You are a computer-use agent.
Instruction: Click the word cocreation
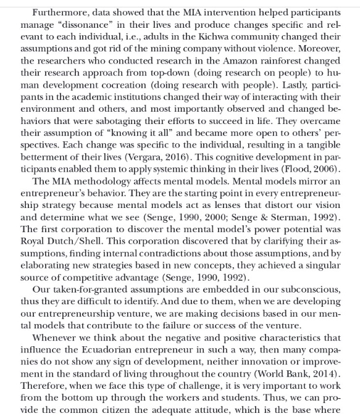143,80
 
